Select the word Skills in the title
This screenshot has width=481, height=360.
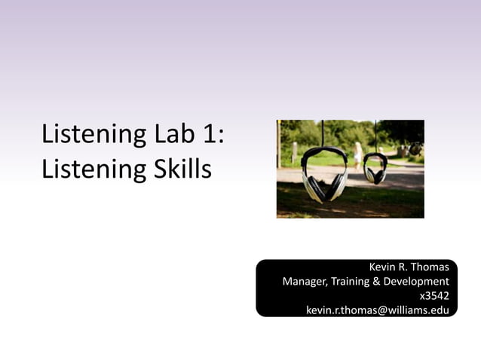[x=178, y=168]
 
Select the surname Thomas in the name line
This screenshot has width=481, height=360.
[x=430, y=267]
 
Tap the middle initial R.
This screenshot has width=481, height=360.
[x=403, y=267]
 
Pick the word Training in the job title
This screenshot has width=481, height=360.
[x=352, y=282]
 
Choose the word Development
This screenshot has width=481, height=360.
[x=420, y=282]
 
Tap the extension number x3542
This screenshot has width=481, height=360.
[x=434, y=296]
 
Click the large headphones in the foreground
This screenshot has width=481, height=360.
[x=324, y=173]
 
